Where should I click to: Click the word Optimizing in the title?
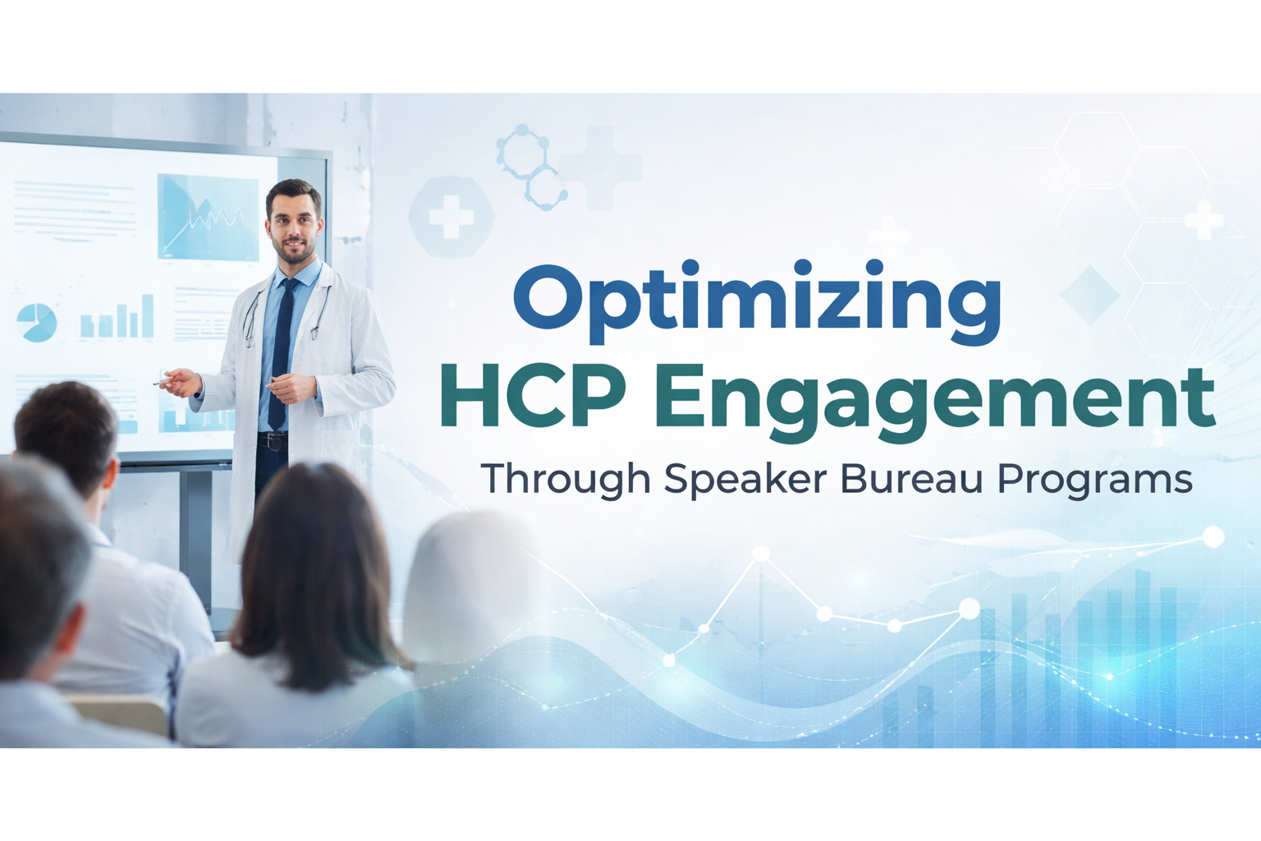click(x=757, y=301)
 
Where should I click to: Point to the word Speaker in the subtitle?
click(x=745, y=479)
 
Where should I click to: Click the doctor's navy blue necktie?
click(x=281, y=353)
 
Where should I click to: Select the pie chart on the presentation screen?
click(x=37, y=322)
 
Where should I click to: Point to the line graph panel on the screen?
click(x=208, y=218)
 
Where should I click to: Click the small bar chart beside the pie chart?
click(x=117, y=318)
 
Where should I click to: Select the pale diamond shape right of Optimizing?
click(x=1089, y=294)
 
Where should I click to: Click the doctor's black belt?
click(x=272, y=441)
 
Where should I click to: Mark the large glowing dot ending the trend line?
click(x=1213, y=537)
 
